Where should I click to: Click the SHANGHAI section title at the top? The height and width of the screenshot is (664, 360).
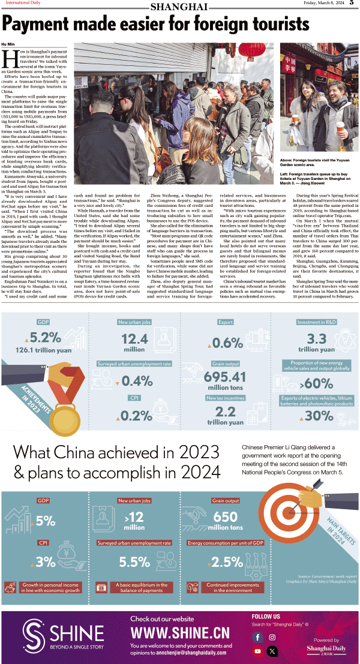(179, 7)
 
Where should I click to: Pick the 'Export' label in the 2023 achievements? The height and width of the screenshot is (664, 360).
(225, 322)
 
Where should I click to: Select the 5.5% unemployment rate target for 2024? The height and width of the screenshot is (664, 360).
(134, 562)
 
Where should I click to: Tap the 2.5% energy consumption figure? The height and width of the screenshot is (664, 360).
(227, 562)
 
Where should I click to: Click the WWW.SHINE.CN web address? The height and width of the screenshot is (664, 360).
(180, 633)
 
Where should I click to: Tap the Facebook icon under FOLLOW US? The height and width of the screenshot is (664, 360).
(258, 637)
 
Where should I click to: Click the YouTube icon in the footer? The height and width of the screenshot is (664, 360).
(258, 651)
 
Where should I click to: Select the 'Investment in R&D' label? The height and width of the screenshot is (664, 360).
(316, 322)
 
